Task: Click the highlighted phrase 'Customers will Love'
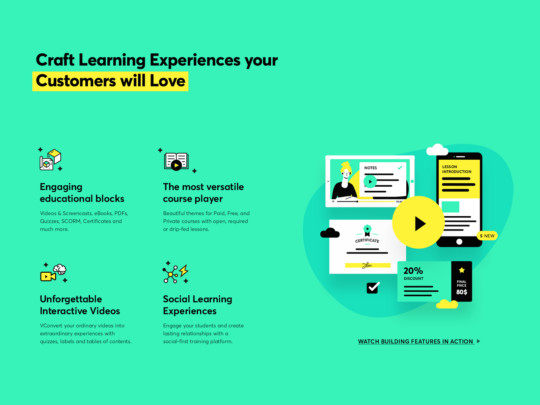point(110,81)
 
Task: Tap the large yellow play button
point(418,222)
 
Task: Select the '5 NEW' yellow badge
point(487,236)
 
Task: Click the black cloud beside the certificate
point(330,233)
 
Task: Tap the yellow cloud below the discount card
point(447,304)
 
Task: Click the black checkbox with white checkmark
point(372,288)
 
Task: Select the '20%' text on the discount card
point(413,271)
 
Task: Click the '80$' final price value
point(461,292)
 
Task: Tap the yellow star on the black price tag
point(462,270)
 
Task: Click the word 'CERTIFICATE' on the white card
point(367,241)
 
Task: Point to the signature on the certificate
point(367,265)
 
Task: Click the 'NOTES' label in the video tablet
point(371,168)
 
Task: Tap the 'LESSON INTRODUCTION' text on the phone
point(457,169)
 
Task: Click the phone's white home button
point(459,242)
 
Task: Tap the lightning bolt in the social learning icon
point(184,271)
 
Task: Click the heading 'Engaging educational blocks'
point(82,192)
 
